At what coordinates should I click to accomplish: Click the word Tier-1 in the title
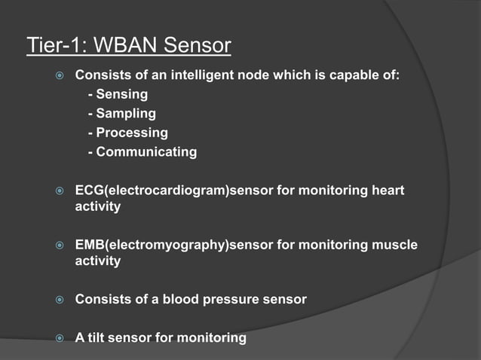click(x=54, y=46)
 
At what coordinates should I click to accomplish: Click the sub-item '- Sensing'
click(x=118, y=95)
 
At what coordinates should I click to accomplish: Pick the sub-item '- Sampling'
click(x=121, y=114)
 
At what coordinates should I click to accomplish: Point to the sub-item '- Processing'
click(x=127, y=133)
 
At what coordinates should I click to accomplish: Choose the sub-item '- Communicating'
click(x=142, y=151)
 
